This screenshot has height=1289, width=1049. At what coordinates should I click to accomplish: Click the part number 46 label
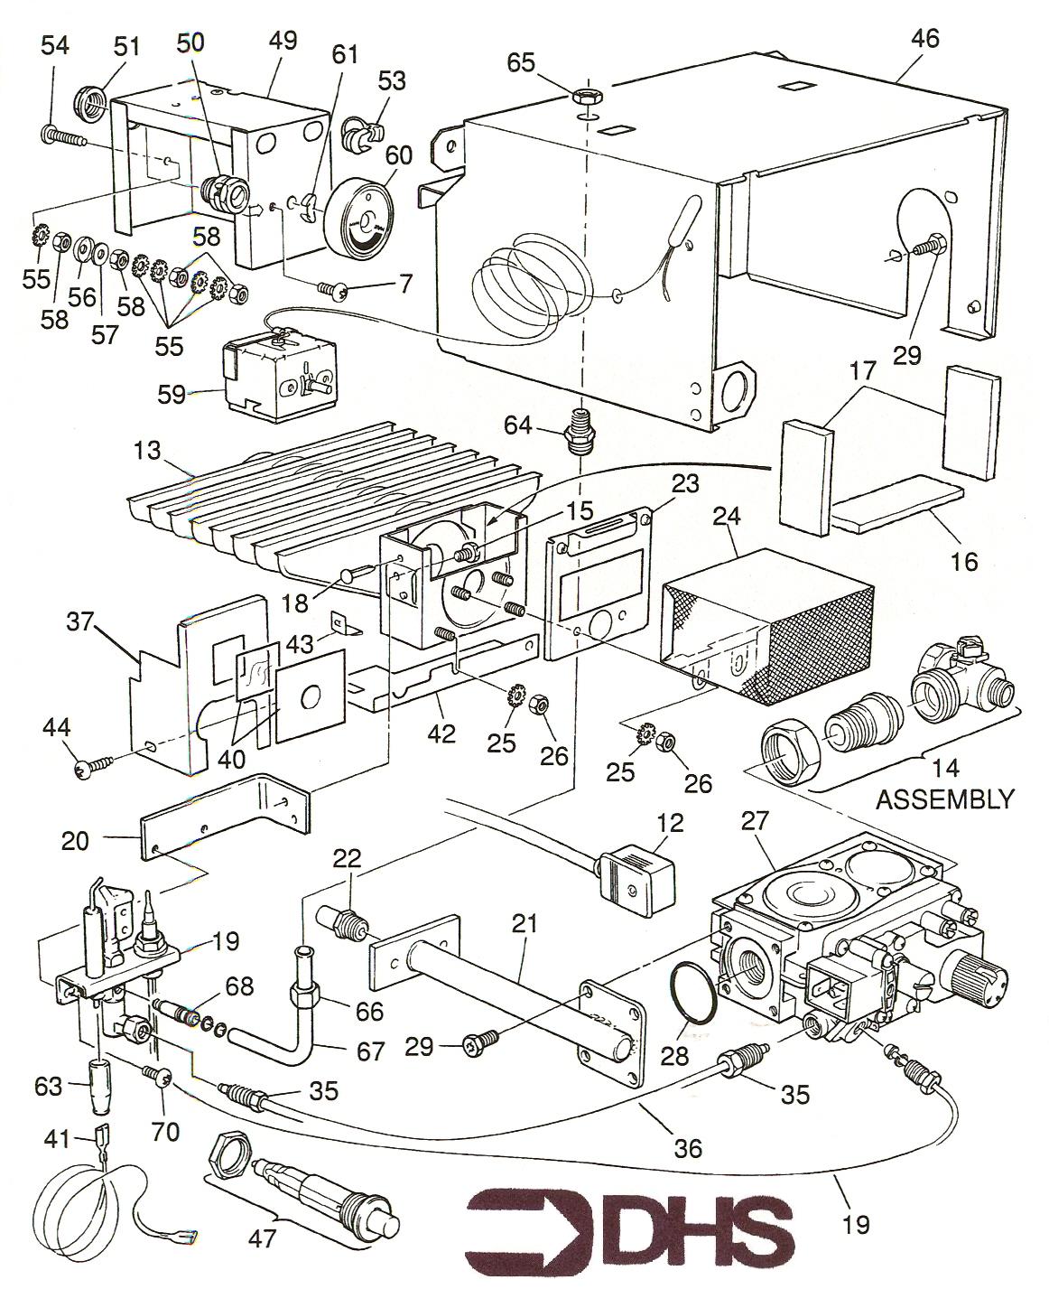point(925,38)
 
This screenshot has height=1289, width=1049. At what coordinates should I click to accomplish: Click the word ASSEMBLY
point(945,799)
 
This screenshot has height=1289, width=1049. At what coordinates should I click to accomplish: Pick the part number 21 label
point(524,923)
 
